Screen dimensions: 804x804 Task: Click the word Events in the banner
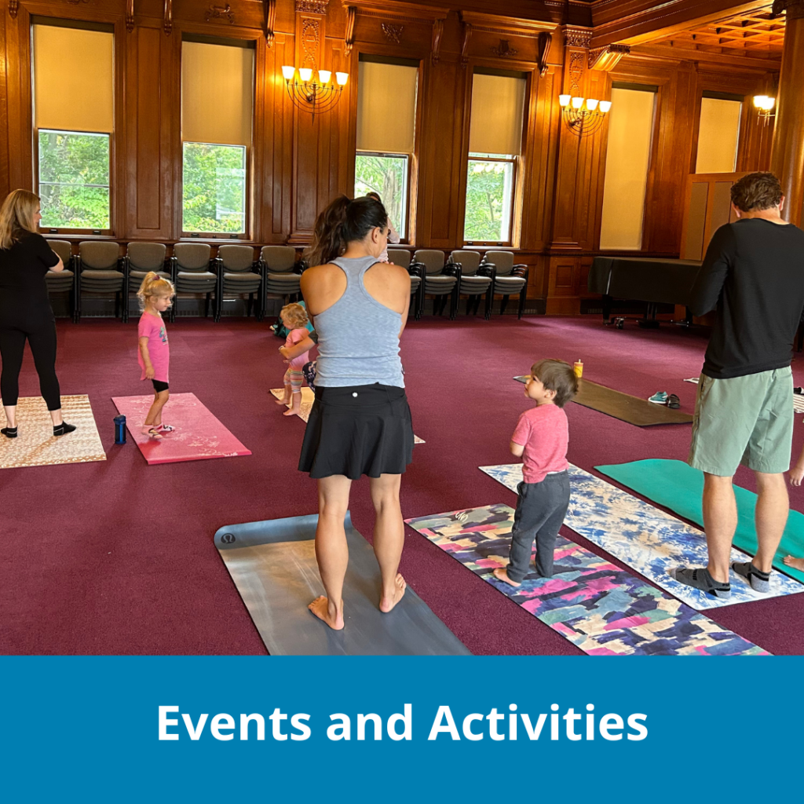tap(234, 723)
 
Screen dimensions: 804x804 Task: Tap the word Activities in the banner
tap(538, 722)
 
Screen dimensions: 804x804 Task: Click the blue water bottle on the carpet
tap(119, 429)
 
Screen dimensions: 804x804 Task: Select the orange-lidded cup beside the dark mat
tap(579, 368)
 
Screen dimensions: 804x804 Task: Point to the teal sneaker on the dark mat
tap(658, 397)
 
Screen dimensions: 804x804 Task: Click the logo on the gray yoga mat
tap(228, 539)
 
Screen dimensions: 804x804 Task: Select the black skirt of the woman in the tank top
tap(356, 431)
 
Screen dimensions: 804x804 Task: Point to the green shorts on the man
tap(741, 421)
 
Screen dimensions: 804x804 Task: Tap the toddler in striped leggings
tap(294, 357)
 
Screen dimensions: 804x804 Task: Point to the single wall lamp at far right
tap(764, 105)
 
